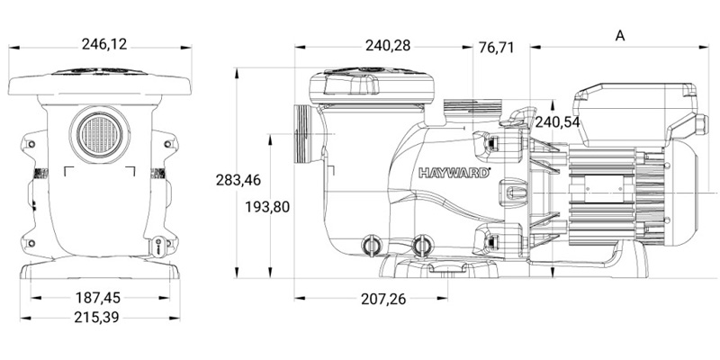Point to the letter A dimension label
tap(619, 34)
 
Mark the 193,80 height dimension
tap(267, 207)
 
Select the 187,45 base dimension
tap(98, 297)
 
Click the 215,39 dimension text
tap(98, 318)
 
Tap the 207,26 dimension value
tap(390, 297)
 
